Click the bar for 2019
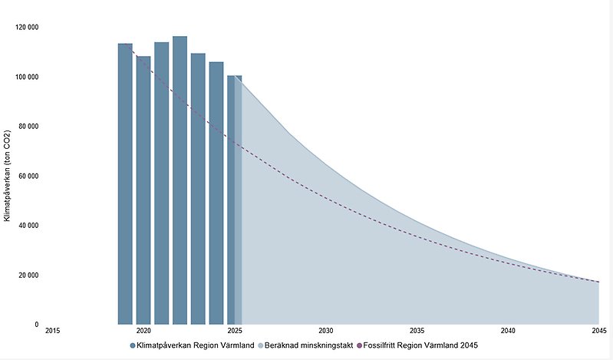tap(125, 184)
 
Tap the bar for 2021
tap(162, 183)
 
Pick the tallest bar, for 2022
tap(180, 180)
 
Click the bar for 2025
tap(234, 200)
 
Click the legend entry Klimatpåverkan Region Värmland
tap(195, 346)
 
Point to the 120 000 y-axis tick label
tap(27, 28)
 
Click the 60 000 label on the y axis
tap(28, 177)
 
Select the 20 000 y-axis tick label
tap(28, 276)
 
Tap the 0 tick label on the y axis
tap(36, 325)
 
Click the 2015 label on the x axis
tap(52, 331)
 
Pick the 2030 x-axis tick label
tap(325, 331)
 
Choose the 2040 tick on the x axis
tap(508, 331)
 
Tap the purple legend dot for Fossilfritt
tap(359, 346)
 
